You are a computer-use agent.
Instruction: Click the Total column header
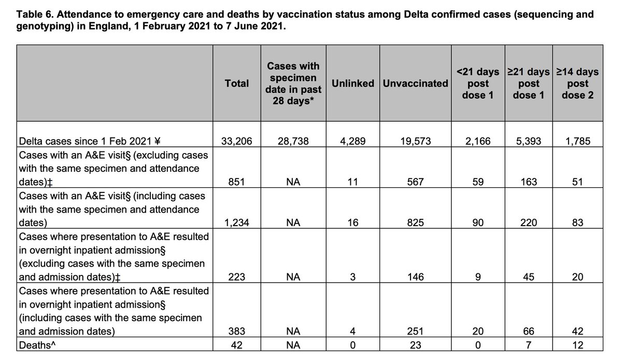[x=237, y=83]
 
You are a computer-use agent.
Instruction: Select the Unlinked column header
[x=353, y=83]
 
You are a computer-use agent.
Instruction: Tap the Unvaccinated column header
[x=415, y=83]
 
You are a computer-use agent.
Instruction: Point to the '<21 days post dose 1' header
[x=477, y=83]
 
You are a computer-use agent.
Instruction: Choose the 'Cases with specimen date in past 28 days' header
[x=293, y=83]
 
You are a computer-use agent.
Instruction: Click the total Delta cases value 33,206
[x=237, y=140]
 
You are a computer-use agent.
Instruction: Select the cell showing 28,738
[x=293, y=140]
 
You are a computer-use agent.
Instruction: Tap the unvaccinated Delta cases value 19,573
[x=415, y=140]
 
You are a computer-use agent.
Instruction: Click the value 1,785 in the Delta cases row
[x=577, y=140]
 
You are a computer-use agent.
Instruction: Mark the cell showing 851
[x=237, y=182]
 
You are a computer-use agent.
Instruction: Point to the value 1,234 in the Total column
[x=237, y=223]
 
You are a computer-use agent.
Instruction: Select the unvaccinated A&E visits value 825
[x=415, y=223]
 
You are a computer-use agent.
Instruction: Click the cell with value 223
[x=237, y=277]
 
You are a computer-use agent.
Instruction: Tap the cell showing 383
[x=237, y=331]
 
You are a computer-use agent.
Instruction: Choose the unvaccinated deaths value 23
[x=415, y=344]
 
